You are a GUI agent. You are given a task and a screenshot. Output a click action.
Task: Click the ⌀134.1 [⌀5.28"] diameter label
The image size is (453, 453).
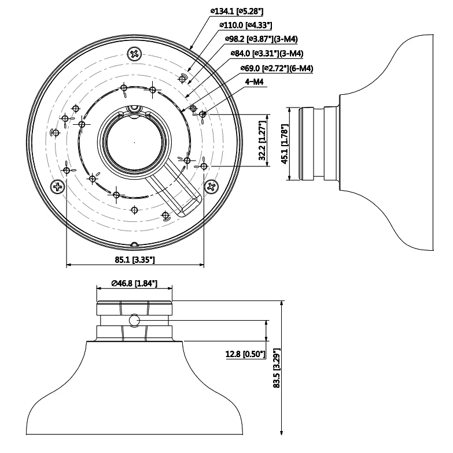coord(234,10)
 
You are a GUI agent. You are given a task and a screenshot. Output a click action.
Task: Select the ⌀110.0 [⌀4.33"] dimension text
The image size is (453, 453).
coord(246,25)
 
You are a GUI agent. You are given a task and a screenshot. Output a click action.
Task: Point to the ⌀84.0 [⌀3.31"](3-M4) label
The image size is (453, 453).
coord(268,54)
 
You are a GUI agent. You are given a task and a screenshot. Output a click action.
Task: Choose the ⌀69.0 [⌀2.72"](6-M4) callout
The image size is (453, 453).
coord(276,68)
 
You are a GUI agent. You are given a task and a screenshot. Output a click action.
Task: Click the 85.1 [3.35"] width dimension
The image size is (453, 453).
coord(134,260)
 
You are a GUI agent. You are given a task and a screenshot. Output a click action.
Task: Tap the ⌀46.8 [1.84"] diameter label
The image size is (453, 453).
coord(134,284)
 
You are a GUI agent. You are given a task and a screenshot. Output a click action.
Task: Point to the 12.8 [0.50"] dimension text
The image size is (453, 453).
coord(245,354)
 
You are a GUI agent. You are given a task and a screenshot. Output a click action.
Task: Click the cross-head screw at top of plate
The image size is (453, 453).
coord(134,54)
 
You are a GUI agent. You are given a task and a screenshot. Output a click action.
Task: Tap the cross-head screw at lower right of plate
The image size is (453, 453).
coord(211,186)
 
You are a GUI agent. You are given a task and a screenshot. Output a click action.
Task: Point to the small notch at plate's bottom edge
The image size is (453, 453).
coord(134,244)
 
